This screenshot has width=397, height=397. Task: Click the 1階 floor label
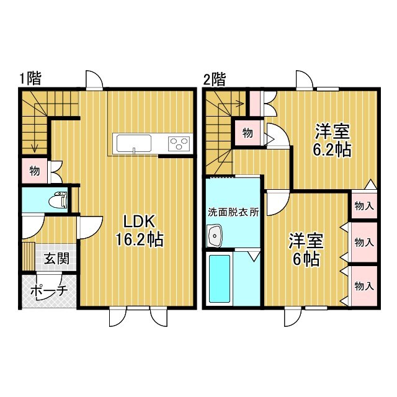pyautogui.click(x=30, y=79)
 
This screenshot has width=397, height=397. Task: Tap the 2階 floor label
pyautogui.click(x=215, y=79)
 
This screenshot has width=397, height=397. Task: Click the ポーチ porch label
pyautogui.click(x=48, y=292)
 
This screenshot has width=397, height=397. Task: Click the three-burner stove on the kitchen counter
pyautogui.click(x=179, y=144)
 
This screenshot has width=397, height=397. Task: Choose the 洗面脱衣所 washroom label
pyautogui.click(x=233, y=211)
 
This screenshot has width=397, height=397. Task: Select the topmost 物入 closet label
pyautogui.click(x=364, y=206)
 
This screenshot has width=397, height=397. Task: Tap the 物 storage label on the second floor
pyautogui.click(x=247, y=132)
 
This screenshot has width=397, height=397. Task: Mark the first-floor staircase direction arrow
pyautogui.click(x=35, y=146)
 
